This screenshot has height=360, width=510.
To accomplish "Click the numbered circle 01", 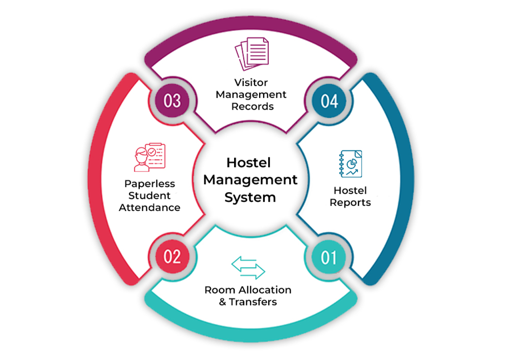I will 329,257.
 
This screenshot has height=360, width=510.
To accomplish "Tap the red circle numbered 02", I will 172,257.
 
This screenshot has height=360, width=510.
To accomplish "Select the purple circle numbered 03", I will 172,100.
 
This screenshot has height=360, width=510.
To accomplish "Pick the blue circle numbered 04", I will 329,100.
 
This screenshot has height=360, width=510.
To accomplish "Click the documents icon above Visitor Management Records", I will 251,54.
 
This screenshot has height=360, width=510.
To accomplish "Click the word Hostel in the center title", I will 249,163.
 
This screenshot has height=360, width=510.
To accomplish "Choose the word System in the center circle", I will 250,197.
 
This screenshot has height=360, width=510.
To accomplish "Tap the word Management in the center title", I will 250,180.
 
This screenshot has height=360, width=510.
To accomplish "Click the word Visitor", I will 251,83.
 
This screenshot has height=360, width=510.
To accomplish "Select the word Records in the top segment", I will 252,107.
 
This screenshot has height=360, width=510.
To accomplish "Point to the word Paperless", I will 149,184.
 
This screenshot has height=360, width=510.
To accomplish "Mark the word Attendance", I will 149,208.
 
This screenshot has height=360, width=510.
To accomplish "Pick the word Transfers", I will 253,302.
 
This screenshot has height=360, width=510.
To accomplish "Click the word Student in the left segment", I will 149,195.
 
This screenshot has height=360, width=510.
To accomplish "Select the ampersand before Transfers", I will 222,302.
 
